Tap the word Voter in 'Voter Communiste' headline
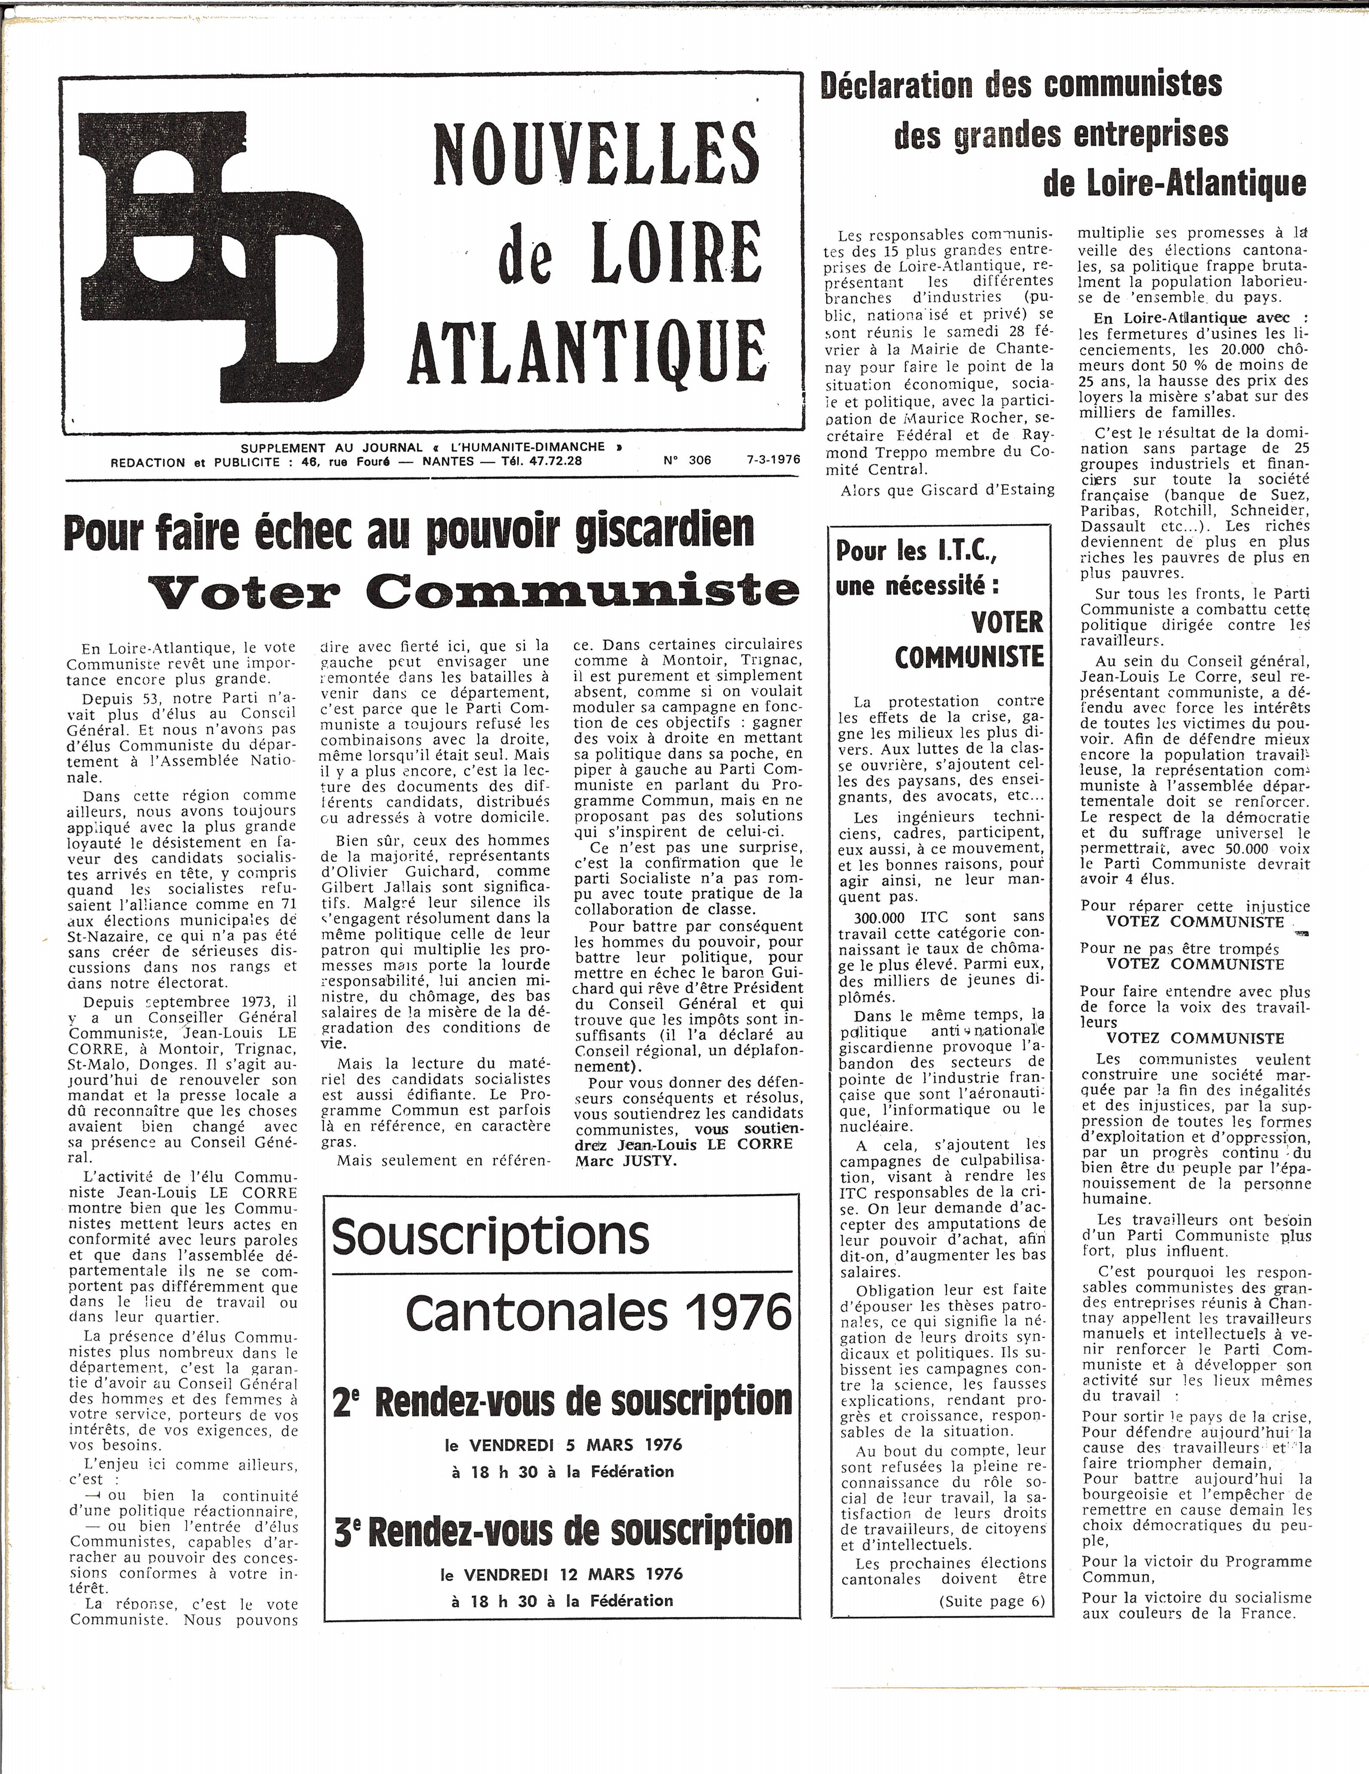click(x=244, y=591)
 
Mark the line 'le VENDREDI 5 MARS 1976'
click(x=563, y=1445)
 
